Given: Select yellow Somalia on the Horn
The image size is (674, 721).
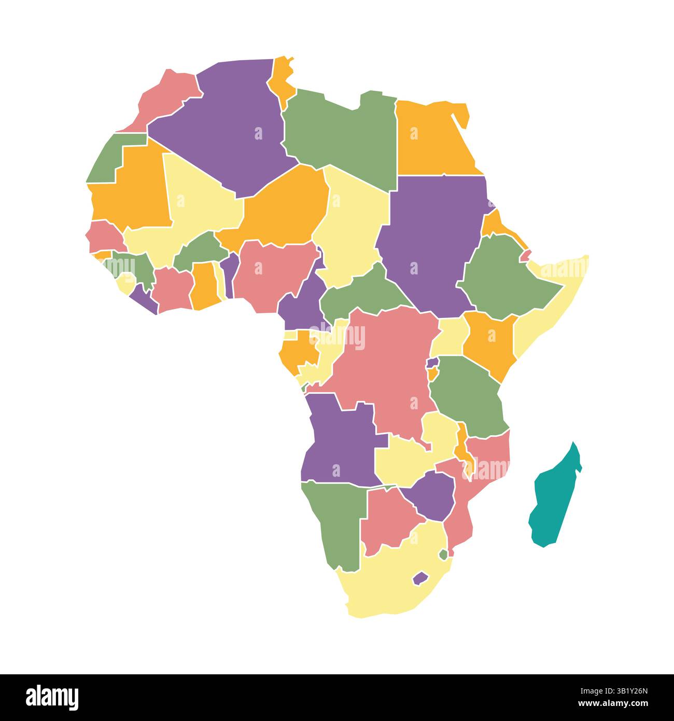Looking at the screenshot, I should [x=539, y=311].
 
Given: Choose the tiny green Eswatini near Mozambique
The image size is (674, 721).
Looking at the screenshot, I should [x=443, y=554].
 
